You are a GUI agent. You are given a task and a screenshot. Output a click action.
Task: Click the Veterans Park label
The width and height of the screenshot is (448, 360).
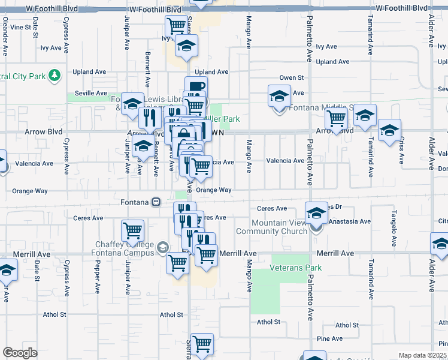[x=296, y=268]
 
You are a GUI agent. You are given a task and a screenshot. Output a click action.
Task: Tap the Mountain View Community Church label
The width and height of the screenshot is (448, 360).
[x=267, y=227]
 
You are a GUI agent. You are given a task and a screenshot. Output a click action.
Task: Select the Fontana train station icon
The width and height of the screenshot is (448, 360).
[x=156, y=202]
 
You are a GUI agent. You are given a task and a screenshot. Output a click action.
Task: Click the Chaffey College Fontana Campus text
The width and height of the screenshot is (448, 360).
[x=124, y=248]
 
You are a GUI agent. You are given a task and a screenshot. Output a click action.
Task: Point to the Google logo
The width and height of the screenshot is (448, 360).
[x=20, y=353]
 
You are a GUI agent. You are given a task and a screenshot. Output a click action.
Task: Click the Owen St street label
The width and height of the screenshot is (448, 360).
[x=292, y=78]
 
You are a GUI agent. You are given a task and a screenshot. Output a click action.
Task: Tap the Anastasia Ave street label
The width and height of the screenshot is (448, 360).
[x=350, y=221]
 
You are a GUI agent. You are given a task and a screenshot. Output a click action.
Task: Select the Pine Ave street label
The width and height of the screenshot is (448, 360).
[x=330, y=339]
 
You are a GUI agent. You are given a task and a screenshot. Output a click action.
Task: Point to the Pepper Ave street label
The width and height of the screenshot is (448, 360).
[x=97, y=277]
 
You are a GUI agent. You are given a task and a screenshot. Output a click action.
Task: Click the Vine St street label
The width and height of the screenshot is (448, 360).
[x=20, y=28]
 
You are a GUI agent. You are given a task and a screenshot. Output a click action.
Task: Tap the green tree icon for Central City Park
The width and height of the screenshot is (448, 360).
[x=55, y=75]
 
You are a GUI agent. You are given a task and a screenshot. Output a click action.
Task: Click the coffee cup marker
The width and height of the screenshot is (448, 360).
[x=196, y=86]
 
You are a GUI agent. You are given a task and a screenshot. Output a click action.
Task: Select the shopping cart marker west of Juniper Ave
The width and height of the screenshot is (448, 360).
[x=132, y=230]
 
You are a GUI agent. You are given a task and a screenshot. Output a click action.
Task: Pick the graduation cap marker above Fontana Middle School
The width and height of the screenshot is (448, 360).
[x=279, y=95]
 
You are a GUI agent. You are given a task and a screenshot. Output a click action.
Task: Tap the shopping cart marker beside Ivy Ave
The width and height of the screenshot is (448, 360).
[x=176, y=26]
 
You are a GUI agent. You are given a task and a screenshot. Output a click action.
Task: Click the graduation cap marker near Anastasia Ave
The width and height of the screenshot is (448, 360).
[x=316, y=212]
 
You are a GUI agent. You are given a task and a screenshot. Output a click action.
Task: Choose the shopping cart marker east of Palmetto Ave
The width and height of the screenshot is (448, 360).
[x=337, y=118]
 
